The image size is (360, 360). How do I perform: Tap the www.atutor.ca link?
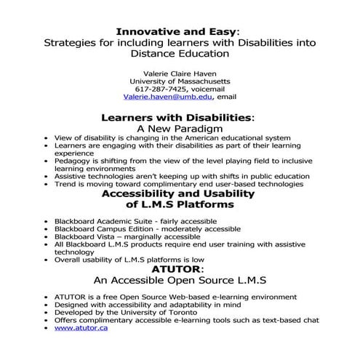click(81, 329)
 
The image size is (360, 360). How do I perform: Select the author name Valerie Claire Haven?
click(179, 72)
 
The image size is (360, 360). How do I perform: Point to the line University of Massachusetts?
click(179, 80)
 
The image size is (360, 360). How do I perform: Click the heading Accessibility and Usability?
click(179, 194)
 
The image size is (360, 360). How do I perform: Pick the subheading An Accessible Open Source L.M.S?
click(179, 279)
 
